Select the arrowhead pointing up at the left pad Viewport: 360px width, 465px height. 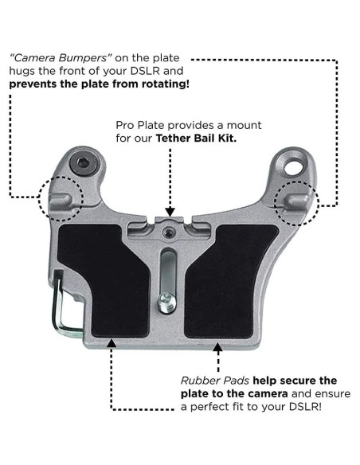[111, 345]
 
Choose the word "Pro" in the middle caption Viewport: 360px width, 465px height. [123, 126]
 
